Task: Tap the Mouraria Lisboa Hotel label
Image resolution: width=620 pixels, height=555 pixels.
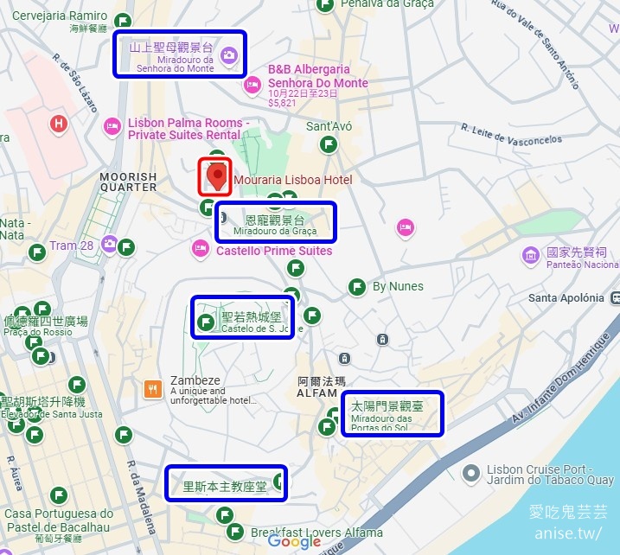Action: [x=293, y=180]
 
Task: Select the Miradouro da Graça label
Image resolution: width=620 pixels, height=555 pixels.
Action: [x=275, y=222]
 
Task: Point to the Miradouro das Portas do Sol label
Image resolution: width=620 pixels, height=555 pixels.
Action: [x=393, y=414]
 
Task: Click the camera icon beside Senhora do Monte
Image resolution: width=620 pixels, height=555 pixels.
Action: [x=228, y=56]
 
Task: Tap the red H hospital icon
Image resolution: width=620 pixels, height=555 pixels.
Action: [x=59, y=124]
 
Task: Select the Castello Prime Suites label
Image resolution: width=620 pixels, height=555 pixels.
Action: [x=273, y=251]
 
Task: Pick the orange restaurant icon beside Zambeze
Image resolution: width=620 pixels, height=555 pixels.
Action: [x=153, y=388]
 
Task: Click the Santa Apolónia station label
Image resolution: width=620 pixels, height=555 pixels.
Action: [x=566, y=298]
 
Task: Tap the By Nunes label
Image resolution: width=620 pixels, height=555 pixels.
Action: [x=398, y=286]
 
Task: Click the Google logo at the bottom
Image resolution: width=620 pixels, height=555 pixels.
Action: [x=294, y=542]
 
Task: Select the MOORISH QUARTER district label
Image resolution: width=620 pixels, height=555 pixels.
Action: [x=128, y=182]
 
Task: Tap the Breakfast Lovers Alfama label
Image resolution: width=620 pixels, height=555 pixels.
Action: [x=316, y=533]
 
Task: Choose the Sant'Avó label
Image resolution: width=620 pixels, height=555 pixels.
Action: [x=329, y=126]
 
